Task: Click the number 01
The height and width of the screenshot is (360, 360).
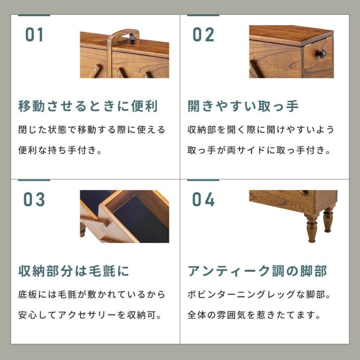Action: (x=34, y=35)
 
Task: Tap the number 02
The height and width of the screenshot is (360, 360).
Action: (x=203, y=35)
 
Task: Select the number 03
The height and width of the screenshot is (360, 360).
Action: (x=34, y=199)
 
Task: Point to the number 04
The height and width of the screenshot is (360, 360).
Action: (x=203, y=199)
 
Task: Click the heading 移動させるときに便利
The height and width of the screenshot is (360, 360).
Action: (x=88, y=106)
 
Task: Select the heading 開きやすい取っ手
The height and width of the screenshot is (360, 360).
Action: (x=243, y=106)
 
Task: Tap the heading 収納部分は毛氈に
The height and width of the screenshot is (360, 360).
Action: (x=74, y=271)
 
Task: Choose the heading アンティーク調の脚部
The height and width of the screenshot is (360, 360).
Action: (x=257, y=271)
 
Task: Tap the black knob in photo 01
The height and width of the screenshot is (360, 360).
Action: (x=132, y=39)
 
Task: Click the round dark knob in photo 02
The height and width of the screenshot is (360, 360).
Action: (x=321, y=54)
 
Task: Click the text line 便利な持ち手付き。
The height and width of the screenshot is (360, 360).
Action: (x=60, y=150)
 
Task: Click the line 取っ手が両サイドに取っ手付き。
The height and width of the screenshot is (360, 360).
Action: (x=259, y=150)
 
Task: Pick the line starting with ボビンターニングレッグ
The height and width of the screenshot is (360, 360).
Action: (x=259, y=294)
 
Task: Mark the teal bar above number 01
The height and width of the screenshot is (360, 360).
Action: (x=34, y=15)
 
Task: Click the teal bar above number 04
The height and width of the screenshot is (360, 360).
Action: (x=203, y=180)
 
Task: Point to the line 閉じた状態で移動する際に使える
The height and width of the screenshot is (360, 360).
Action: (x=92, y=130)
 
